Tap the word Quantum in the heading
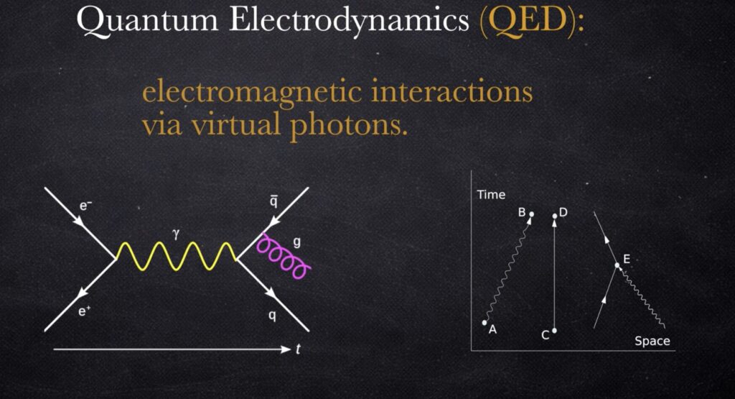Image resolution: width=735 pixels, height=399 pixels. pos(147,21)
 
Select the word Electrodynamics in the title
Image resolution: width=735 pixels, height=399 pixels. pos(349,21)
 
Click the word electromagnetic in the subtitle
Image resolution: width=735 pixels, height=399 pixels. pos(252,91)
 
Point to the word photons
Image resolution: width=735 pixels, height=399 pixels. pos(349,126)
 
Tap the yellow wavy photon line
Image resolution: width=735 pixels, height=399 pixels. pos(177,257)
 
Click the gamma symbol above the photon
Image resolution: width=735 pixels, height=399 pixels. pos(176,234)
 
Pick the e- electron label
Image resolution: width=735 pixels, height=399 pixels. pos(85,206)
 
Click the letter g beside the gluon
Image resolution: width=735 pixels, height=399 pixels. pos(296,242)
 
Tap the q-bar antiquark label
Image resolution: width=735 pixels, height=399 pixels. pos(273,201)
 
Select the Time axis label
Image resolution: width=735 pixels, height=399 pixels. pos(491,194)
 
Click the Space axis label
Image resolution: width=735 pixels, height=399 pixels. pos(652,341)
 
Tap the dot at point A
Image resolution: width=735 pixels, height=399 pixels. pos(484,323)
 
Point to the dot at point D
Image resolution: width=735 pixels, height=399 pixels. pos(555,216)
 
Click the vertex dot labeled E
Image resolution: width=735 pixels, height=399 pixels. pos(617,266)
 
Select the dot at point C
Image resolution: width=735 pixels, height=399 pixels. pos(555,331)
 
